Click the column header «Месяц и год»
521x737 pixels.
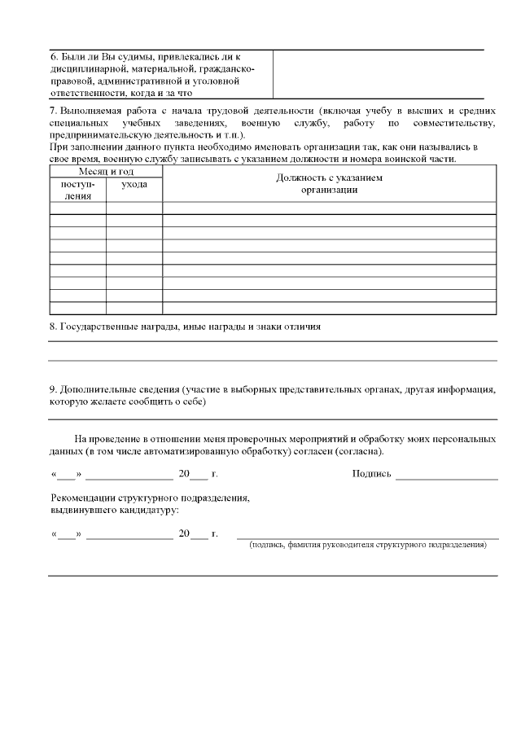106,173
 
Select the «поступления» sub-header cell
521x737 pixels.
78,191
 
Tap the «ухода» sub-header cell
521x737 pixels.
134,186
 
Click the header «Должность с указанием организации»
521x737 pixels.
329,183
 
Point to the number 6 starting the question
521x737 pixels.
53,57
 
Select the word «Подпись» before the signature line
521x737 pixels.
371,474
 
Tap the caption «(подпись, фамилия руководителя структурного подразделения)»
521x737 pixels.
368,545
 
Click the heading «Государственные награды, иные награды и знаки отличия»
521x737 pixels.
191,326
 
